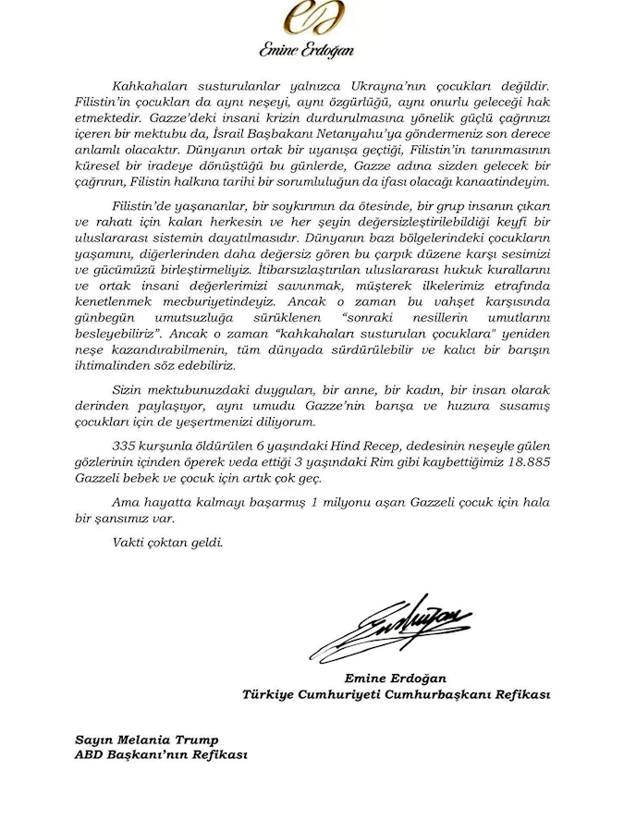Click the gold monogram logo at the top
(x=312, y=18)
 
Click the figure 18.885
(x=523, y=465)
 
